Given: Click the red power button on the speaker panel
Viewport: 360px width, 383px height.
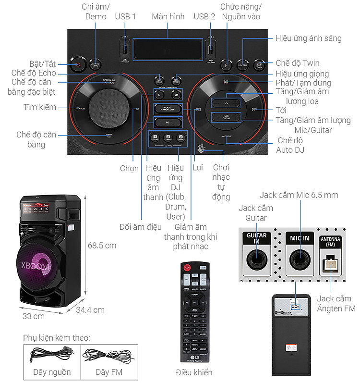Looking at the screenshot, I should click(78, 64).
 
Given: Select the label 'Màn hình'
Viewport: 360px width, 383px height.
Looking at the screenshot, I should click(168, 16).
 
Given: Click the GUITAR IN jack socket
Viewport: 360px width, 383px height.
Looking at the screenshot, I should click(256, 259).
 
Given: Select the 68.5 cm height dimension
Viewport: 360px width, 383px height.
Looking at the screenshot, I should click(102, 245).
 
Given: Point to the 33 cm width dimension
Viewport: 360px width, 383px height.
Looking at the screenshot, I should click(33, 316).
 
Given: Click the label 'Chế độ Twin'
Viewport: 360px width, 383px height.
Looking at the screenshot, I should click(298, 63).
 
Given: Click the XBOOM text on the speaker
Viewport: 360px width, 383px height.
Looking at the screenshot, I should click(36, 265).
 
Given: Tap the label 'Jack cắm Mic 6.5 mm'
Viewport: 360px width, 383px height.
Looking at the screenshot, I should click(299, 195).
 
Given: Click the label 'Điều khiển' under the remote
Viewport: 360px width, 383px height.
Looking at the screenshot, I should click(194, 372).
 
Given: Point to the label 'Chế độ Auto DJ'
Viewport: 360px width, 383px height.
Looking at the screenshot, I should click(290, 145).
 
